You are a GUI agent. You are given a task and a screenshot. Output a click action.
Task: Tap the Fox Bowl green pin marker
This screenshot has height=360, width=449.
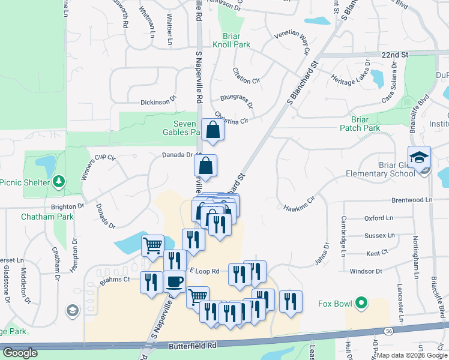(x=360, y=304)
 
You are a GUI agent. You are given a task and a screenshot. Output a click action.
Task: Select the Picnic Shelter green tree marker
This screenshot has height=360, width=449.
(x=58, y=181)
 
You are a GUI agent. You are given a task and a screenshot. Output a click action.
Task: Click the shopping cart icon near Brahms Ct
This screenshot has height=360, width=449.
(x=152, y=244)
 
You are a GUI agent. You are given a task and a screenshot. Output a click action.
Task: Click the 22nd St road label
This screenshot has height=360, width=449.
(x=394, y=55)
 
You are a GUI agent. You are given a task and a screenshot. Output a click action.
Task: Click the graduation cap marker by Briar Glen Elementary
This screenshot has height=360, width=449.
(x=419, y=157)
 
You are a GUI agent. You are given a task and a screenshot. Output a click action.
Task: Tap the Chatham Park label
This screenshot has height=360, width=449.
(x=47, y=217)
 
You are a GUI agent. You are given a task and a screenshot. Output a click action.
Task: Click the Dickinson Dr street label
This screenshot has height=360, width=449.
(x=158, y=102)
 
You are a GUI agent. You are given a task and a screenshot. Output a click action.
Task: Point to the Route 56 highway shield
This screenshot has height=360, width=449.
(x=389, y=331)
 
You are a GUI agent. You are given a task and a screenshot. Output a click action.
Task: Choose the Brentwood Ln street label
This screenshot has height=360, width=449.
(x=411, y=200)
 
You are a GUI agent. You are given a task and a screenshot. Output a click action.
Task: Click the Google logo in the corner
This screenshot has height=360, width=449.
(x=20, y=353)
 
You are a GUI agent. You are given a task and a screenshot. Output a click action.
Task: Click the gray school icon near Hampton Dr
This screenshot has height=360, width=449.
(x=72, y=310)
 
